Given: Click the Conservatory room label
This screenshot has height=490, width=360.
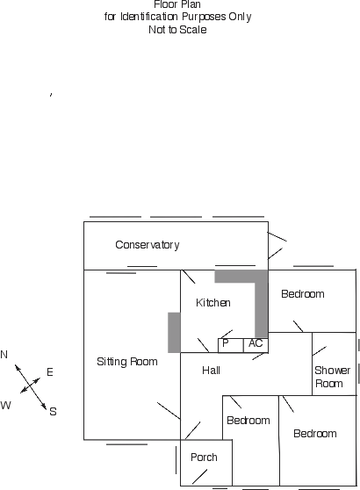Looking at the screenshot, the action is click(148, 245).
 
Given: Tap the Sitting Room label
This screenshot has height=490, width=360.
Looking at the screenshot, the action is click(127, 362).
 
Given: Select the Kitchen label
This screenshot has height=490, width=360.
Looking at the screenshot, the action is click(213, 302).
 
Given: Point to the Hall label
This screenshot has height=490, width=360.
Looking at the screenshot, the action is click(211, 371).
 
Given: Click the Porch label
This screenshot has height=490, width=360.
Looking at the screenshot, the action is click(204, 458).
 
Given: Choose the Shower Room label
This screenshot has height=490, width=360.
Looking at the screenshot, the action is click(332, 377).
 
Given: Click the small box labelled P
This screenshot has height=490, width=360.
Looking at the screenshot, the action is click(231, 346).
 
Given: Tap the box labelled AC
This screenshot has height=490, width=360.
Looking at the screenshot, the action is click(256, 346).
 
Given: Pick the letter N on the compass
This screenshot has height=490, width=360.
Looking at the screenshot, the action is click(4, 355).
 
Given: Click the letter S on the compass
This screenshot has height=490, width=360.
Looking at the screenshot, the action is click(54, 412).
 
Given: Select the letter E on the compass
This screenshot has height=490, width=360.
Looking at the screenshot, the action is click(50, 372).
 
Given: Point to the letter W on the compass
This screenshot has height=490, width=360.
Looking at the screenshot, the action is click(5, 406).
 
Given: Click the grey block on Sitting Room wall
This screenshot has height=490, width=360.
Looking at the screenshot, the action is click(174, 333).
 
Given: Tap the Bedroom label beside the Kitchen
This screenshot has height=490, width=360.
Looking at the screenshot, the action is click(303, 294).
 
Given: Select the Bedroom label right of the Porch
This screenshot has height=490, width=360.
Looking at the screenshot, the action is click(248, 421).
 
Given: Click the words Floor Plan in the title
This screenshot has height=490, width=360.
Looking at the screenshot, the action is click(177, 4).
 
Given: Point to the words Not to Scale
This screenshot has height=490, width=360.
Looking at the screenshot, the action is click(177, 30).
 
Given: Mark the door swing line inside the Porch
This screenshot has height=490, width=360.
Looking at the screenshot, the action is click(199, 477).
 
